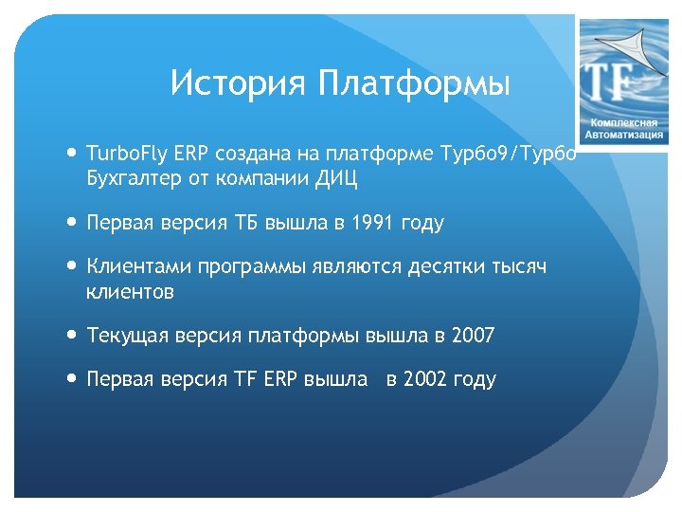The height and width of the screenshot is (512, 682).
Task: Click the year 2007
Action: (x=473, y=335)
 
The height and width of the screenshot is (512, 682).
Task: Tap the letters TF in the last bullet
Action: (x=242, y=379)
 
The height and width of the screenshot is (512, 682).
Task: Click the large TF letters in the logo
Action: (x=612, y=82)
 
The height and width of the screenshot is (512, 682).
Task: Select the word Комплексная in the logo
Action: (x=624, y=122)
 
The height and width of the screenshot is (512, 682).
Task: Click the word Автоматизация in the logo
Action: (x=624, y=136)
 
